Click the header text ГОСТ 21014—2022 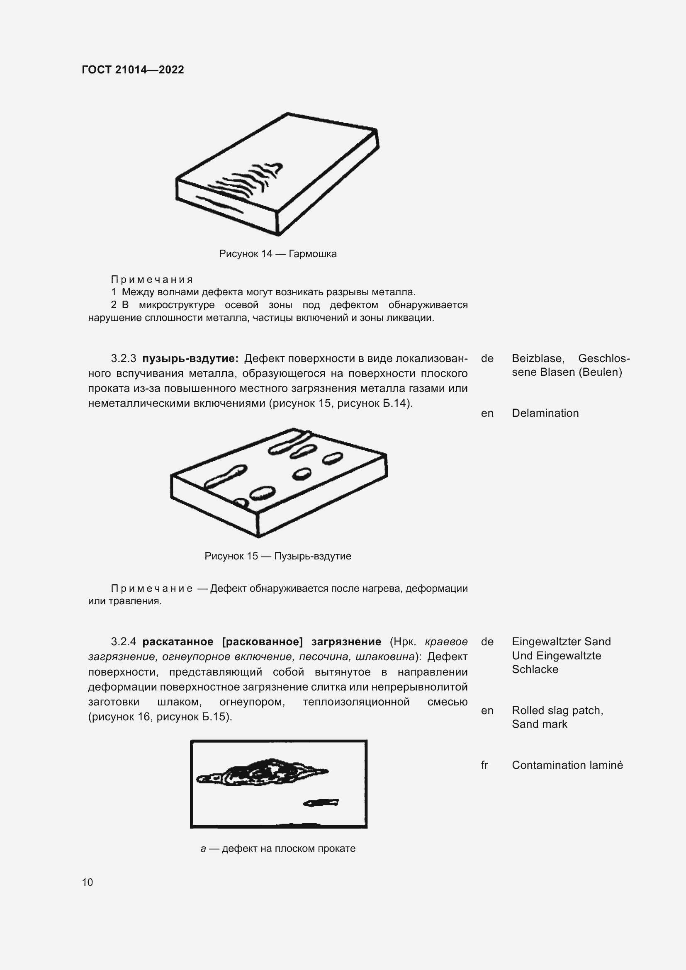pyautogui.click(x=133, y=70)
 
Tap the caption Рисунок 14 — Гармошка pyautogui.click(x=277, y=254)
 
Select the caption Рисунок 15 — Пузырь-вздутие pyautogui.click(x=277, y=556)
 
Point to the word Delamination pyautogui.click(x=545, y=413)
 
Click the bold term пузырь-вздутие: pyautogui.click(x=190, y=359)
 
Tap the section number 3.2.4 pyautogui.click(x=123, y=642)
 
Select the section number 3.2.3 pyautogui.click(x=123, y=359)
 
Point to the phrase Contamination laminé pyautogui.click(x=567, y=765)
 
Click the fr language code pyautogui.click(x=484, y=765)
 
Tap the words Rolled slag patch pyautogui.click(x=557, y=711)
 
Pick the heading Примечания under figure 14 pyautogui.click(x=152, y=279)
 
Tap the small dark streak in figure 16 pyautogui.click(x=321, y=802)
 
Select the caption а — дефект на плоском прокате pyautogui.click(x=277, y=849)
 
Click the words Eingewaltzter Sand pyautogui.click(x=561, y=642)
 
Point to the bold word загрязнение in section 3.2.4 pyautogui.click(x=346, y=642)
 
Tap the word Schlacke pyautogui.click(x=535, y=669)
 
